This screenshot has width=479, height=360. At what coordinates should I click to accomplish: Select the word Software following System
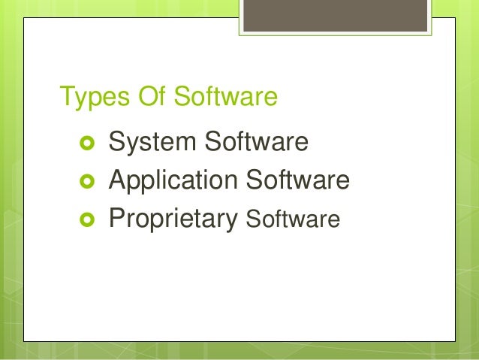pos(255,141)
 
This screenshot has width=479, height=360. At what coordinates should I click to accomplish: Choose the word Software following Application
pos(297,180)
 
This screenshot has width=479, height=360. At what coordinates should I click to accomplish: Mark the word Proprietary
pos(173,219)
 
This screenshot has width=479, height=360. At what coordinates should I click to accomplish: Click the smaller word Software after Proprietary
pos(293,219)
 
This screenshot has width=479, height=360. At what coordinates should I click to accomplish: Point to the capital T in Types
pos(66,97)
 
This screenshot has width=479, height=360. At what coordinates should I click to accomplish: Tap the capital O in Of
pos(143,97)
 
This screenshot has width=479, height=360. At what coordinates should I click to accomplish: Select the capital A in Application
pos(119,180)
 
